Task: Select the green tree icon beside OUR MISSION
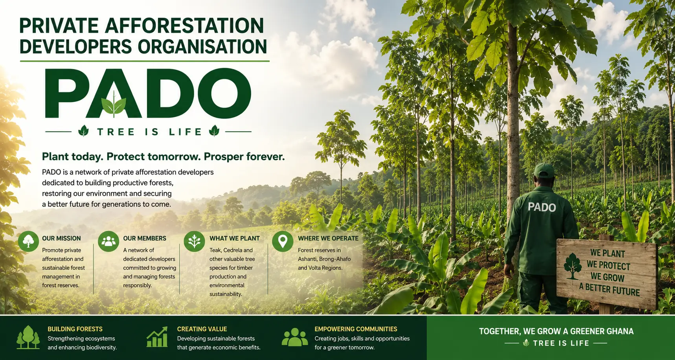[28, 241]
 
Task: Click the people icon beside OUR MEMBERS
[109, 241]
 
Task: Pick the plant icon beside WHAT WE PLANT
[194, 241]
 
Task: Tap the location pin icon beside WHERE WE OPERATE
[283, 241]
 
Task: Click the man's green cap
[544, 170]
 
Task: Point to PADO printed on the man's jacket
[542, 207]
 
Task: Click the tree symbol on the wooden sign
[572, 266]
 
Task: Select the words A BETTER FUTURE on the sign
[609, 289]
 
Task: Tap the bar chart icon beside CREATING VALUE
[157, 337]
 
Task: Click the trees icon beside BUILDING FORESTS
[28, 337]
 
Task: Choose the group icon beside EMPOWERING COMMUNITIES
[295, 337]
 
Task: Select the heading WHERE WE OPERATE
[328, 238]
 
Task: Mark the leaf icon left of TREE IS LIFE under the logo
[83, 131]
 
